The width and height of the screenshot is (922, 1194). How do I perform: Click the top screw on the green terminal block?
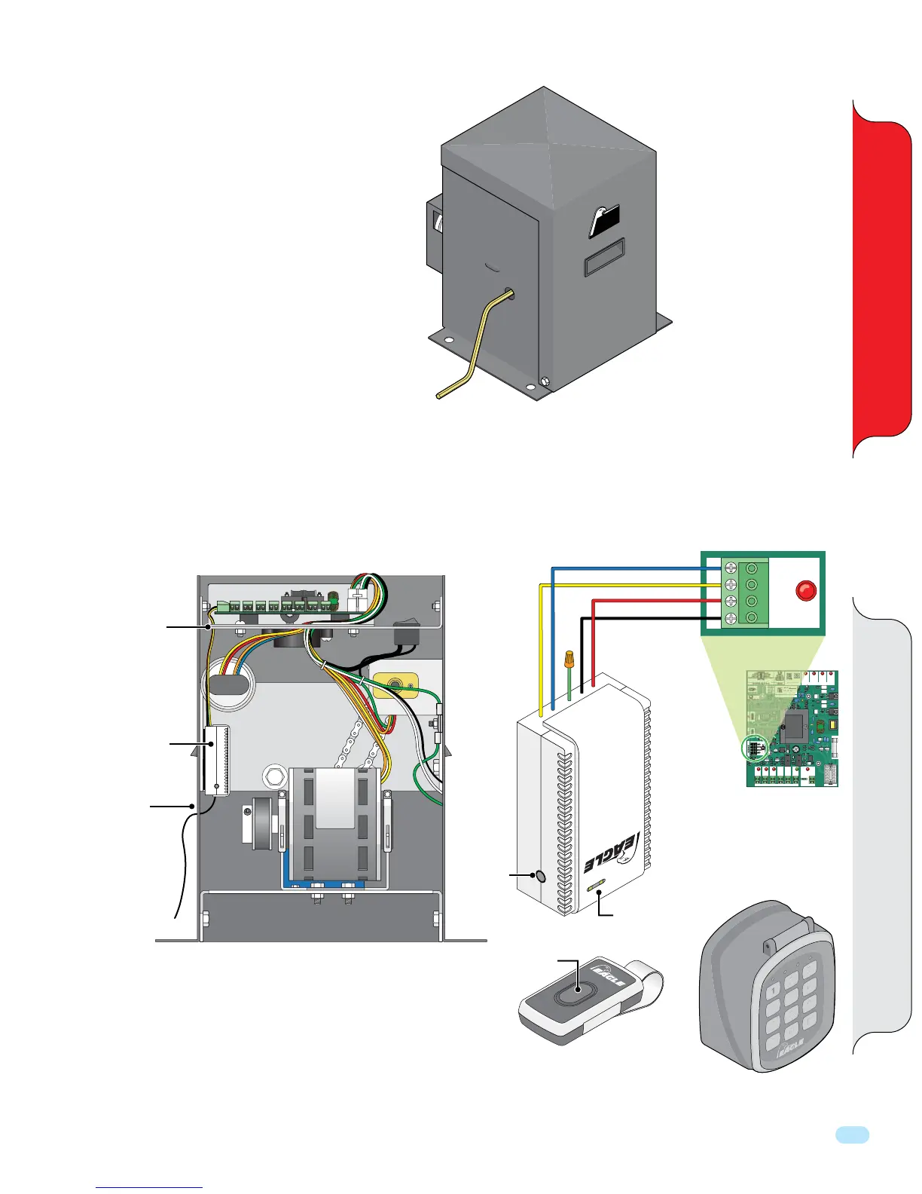[729, 567]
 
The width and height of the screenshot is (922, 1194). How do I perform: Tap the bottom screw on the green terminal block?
[729, 619]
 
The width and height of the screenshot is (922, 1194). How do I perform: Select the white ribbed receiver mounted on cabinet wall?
[216, 760]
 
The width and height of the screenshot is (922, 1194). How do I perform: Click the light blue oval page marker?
[852, 1135]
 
